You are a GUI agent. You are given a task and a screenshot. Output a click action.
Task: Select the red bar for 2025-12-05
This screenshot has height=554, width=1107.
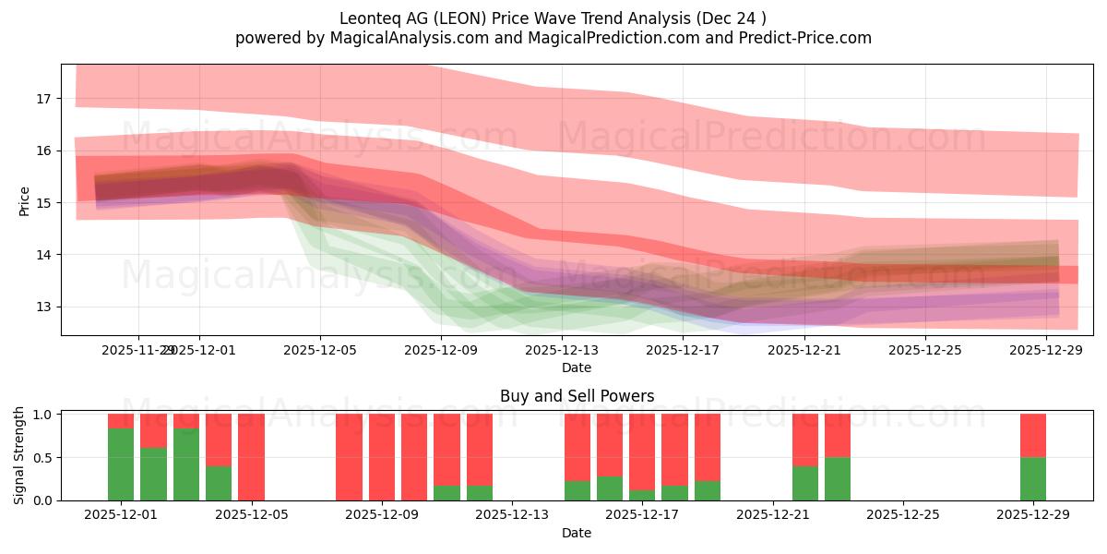click(251, 457)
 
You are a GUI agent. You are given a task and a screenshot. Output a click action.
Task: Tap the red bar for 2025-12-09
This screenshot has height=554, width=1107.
click(382, 457)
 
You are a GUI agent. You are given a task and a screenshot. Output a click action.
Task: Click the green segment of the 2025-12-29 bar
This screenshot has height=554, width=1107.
click(1033, 479)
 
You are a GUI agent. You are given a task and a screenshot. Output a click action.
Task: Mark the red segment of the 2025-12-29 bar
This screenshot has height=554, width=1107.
click(1033, 436)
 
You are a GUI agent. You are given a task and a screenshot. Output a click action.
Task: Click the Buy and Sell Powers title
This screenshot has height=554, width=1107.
click(577, 396)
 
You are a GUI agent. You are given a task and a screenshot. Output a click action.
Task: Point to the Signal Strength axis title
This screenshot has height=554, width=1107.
click(19, 457)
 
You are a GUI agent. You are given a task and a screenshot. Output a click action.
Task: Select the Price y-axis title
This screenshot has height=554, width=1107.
click(25, 200)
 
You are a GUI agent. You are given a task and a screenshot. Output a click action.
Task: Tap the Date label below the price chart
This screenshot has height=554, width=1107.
click(577, 367)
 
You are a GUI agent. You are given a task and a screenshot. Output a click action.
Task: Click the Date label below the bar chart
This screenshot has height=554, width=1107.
click(577, 533)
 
